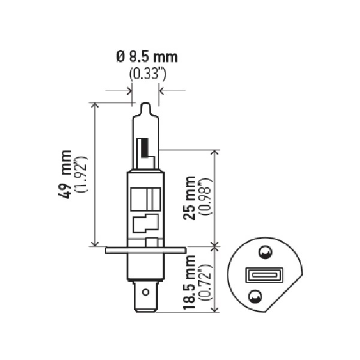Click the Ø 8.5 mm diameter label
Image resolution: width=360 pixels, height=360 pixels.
(x=147, y=57)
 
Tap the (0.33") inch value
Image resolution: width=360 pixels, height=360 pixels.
(x=148, y=74)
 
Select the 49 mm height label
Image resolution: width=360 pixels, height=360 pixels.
(x=65, y=174)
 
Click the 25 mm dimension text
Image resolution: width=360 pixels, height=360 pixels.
(x=189, y=198)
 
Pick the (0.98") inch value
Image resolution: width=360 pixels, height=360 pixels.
(x=205, y=196)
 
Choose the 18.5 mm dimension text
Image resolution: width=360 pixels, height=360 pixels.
(x=189, y=282)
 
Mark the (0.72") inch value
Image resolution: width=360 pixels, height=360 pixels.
(x=205, y=283)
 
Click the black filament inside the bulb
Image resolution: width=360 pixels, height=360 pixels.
(x=145, y=148)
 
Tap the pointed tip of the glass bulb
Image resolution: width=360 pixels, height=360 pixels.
(x=146, y=103)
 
